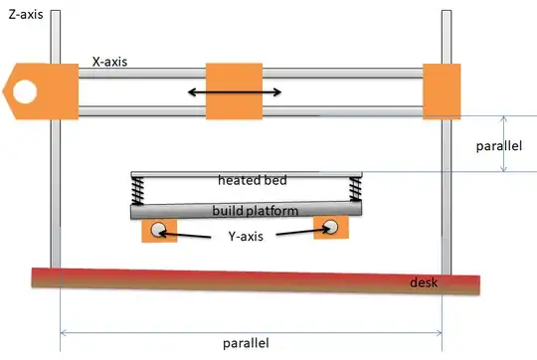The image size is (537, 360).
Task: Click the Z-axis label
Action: (x=23, y=17)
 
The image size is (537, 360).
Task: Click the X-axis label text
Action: (x=113, y=60)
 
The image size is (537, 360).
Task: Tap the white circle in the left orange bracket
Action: (x=23, y=92)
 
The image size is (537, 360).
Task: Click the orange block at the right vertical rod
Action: (x=443, y=91)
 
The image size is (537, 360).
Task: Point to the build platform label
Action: (x=246, y=211)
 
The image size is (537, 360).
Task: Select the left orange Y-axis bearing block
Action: (x=159, y=230)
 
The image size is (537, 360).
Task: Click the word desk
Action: (x=425, y=284)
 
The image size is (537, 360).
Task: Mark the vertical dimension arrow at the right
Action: (x=503, y=141)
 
